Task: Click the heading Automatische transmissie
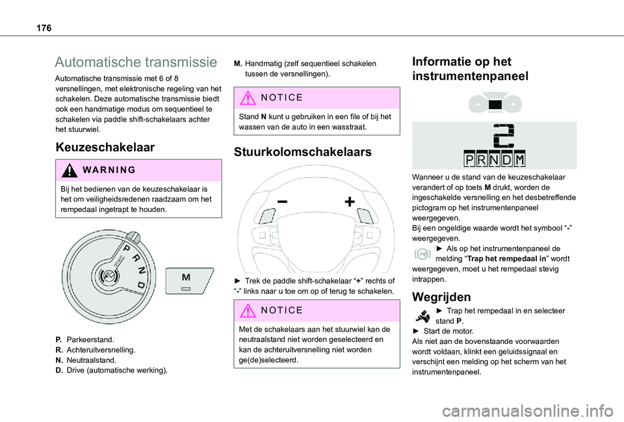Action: [x=136, y=62]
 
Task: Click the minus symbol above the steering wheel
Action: [x=283, y=202]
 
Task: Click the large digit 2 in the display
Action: [x=504, y=135]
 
